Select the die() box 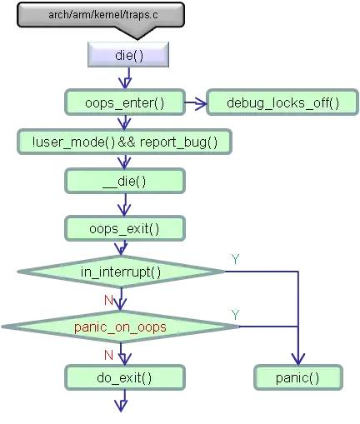point(129,56)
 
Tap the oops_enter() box point(125,102)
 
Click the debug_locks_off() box point(272,102)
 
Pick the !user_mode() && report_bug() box point(124,142)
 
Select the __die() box point(125,181)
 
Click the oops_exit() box point(125,227)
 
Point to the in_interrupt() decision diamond point(121,271)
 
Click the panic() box point(297,377)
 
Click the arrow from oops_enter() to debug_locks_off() point(195,103)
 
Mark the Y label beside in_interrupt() point(235,259)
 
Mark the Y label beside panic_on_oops point(235,314)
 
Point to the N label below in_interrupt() point(108,298)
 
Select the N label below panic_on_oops point(108,353)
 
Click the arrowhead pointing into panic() point(297,359)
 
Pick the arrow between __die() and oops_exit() point(125,205)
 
